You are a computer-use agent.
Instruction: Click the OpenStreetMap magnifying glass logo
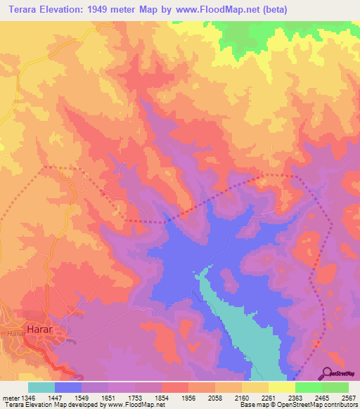(328, 372)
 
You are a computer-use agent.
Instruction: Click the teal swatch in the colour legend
(41, 387)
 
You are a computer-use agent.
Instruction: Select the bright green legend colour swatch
(309, 387)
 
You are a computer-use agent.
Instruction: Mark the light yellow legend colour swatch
(282, 387)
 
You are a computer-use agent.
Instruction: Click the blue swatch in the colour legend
(68, 387)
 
